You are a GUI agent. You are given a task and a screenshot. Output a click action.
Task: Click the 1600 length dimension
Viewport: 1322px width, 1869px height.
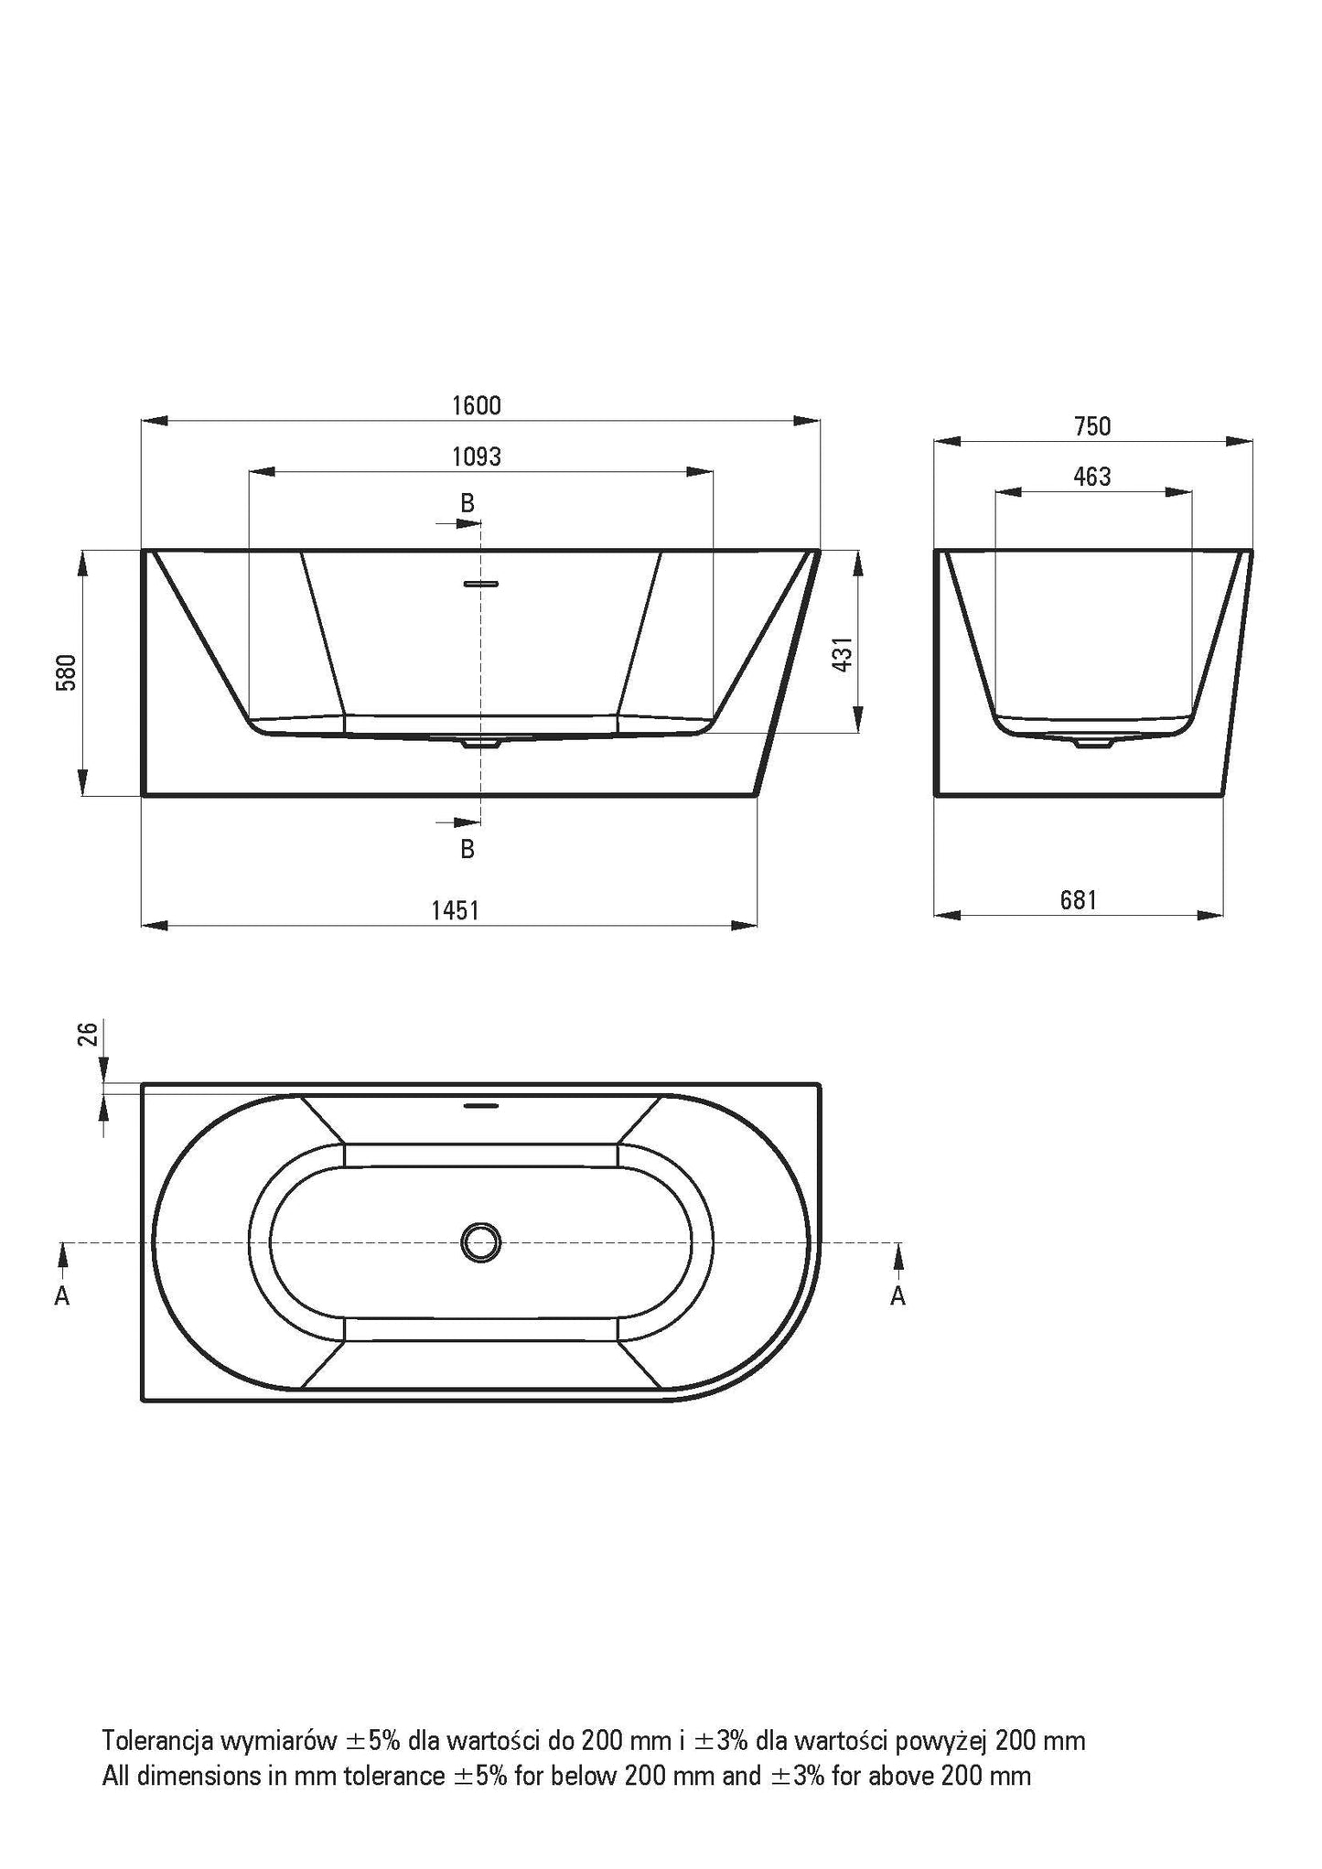(477, 405)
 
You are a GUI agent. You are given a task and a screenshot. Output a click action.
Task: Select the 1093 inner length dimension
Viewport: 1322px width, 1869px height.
(477, 456)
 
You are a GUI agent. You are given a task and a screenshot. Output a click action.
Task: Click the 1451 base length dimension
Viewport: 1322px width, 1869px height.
(455, 910)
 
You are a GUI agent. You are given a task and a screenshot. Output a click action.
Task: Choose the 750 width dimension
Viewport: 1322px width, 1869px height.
(1091, 426)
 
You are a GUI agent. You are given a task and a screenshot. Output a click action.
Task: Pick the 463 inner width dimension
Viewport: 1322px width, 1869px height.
(1092, 477)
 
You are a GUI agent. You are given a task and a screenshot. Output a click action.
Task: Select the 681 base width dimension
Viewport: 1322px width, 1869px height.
(1078, 900)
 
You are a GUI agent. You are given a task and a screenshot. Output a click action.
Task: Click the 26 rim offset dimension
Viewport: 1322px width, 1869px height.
(88, 1034)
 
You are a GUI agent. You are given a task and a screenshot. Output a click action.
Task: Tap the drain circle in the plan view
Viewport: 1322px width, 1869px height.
(480, 1242)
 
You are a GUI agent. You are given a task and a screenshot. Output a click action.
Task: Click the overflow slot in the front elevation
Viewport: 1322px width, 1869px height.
(480, 583)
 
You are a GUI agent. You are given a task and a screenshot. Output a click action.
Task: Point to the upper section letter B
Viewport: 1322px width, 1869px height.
(468, 502)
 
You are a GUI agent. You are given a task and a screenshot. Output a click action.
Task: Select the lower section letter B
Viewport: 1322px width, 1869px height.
(468, 849)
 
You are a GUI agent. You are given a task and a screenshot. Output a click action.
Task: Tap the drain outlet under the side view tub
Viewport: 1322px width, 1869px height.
(1092, 743)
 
